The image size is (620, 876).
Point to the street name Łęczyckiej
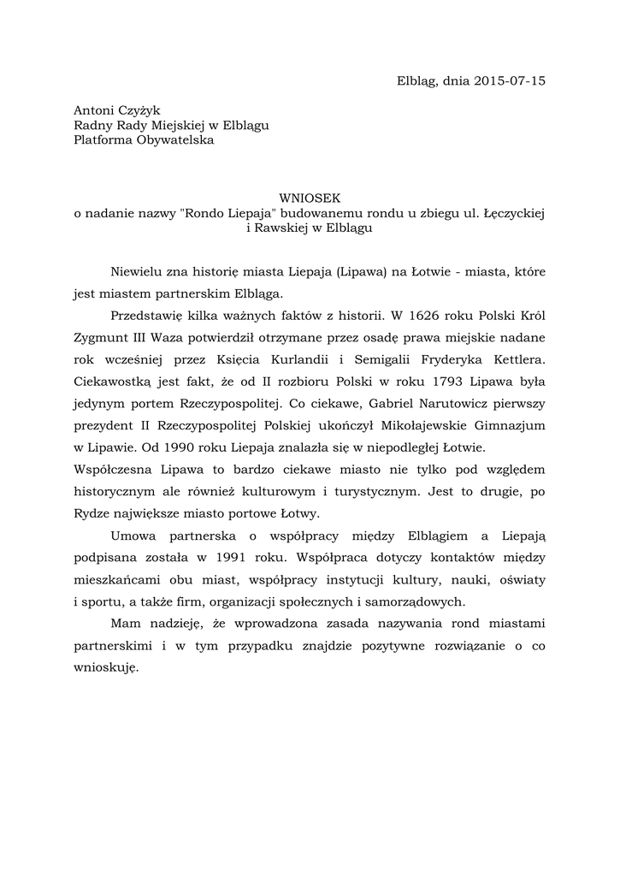click(x=515, y=212)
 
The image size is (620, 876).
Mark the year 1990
click(x=175, y=447)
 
